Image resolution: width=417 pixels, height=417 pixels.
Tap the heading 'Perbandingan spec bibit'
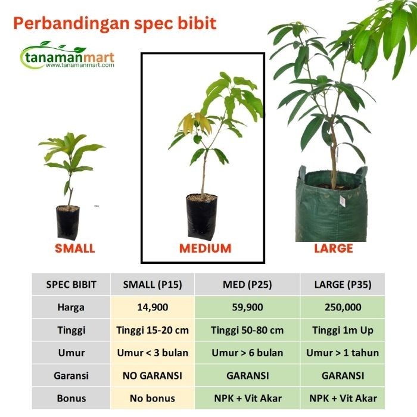114,24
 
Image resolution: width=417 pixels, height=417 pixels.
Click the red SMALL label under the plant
74,248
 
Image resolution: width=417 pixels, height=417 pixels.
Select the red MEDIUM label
205,248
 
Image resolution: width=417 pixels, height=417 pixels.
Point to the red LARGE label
334,248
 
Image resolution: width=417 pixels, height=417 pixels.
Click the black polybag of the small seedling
67,222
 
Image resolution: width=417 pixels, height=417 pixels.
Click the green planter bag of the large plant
332,208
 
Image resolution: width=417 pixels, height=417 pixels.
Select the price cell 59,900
247,307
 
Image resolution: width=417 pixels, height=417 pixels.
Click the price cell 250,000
343,307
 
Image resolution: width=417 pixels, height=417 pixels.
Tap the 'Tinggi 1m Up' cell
343,330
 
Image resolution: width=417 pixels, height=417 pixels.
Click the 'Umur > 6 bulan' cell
247,353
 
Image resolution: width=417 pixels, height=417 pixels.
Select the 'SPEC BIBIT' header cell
71,285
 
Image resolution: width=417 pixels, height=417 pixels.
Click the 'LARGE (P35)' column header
343,285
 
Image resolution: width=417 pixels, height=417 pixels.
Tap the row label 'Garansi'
71,375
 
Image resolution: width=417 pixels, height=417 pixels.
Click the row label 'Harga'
71,307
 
